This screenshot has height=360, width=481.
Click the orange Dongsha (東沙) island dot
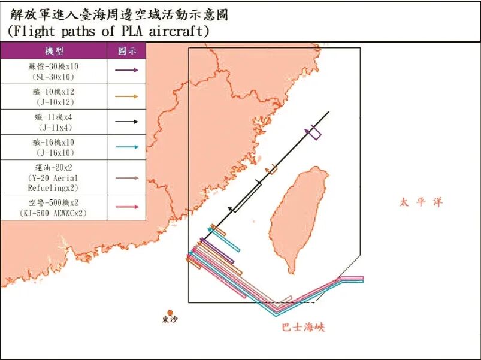(x=170, y=313)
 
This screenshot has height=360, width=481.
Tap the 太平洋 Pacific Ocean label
(x=421, y=202)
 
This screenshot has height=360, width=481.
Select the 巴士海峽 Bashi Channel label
(x=304, y=328)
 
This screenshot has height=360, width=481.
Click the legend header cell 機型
(x=53, y=51)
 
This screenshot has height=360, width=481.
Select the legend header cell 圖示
(x=126, y=51)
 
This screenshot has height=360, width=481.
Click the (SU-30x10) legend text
(x=53, y=77)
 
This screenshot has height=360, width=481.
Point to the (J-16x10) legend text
(x=53, y=153)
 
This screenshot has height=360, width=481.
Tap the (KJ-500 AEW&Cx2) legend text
(x=53, y=213)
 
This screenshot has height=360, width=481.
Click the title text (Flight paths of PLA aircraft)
(x=108, y=31)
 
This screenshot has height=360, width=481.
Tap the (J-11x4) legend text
(x=53, y=127)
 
